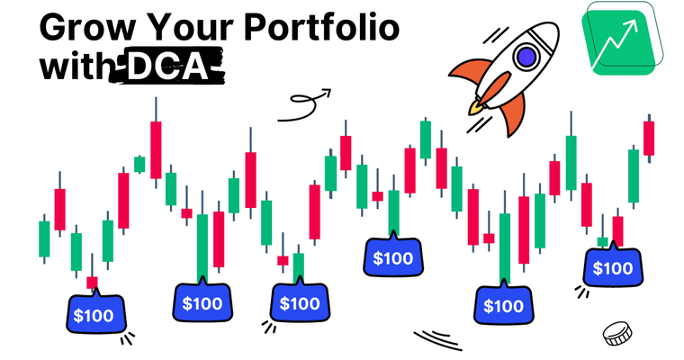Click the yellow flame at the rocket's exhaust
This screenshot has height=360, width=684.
point(476,108)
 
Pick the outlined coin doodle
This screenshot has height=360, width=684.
point(616,334)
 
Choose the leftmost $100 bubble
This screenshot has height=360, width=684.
point(94,316)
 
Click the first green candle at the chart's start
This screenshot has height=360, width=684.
point(43,238)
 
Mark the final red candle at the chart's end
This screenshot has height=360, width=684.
point(648,139)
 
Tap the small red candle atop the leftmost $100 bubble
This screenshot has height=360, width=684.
point(92,283)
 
